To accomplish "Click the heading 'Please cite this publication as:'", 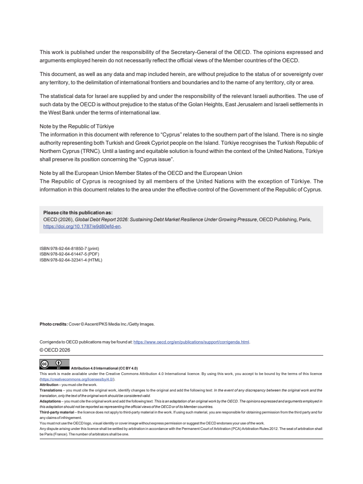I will coord(78,212).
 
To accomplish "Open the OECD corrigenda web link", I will coord(191,342).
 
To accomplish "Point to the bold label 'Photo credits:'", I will coord(54,324).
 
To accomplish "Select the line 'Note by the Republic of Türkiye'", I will coord(76,125).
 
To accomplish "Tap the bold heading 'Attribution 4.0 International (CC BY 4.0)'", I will coord(104,368).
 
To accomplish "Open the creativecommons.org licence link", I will coord(77,379).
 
